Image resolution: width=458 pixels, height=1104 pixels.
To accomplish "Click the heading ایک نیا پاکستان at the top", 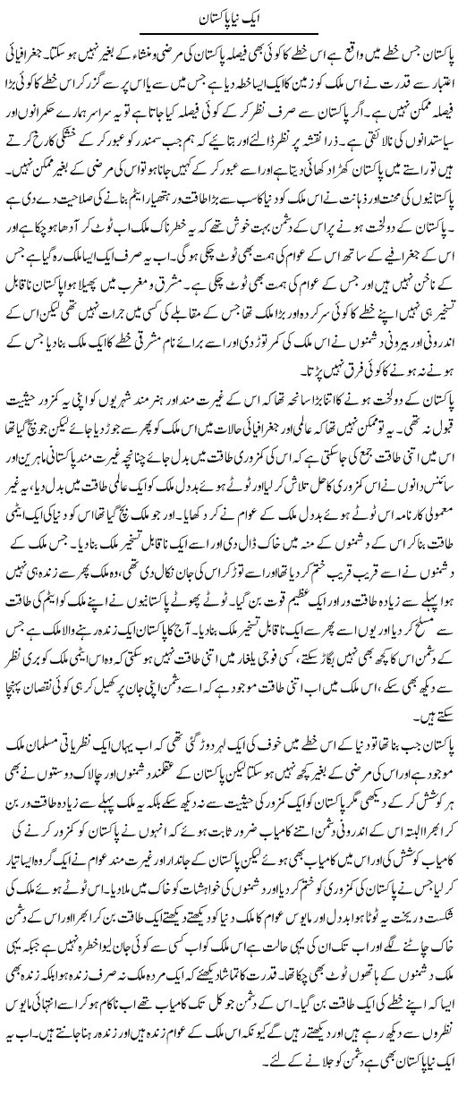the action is click(228, 17).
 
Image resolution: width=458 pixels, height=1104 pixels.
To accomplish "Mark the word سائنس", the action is click(428, 477).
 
